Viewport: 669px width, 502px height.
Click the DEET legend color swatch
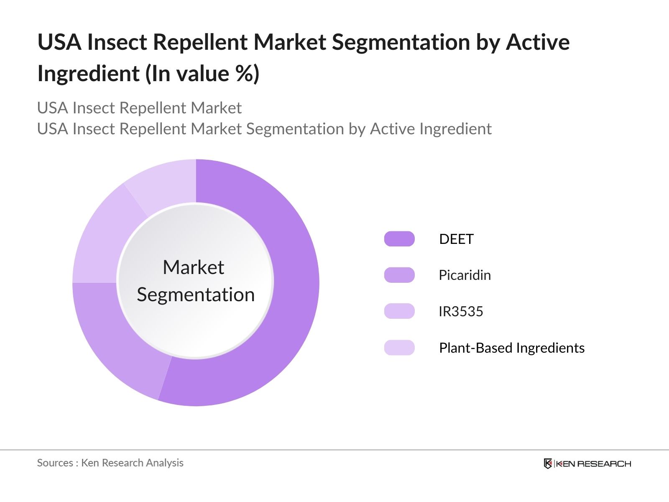(x=399, y=239)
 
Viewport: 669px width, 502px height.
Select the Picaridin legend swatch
(x=399, y=275)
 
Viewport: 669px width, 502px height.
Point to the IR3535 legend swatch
(x=399, y=311)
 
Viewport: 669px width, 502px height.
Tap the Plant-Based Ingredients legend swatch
(x=399, y=348)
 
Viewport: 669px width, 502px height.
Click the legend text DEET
(x=456, y=239)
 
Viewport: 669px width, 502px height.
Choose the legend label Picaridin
(x=465, y=275)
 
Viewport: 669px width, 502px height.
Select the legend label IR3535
(x=461, y=311)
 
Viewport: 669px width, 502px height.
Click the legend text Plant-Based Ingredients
(x=511, y=348)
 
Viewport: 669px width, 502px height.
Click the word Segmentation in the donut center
(x=196, y=295)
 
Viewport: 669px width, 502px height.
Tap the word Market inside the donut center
(x=193, y=267)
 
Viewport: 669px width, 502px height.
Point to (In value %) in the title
(x=202, y=74)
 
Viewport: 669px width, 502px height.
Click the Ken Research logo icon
(x=548, y=464)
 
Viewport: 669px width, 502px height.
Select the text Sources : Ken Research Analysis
(x=110, y=463)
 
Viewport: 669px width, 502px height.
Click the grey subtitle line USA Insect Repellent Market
(x=139, y=108)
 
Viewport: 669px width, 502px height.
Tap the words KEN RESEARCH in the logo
(x=593, y=464)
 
